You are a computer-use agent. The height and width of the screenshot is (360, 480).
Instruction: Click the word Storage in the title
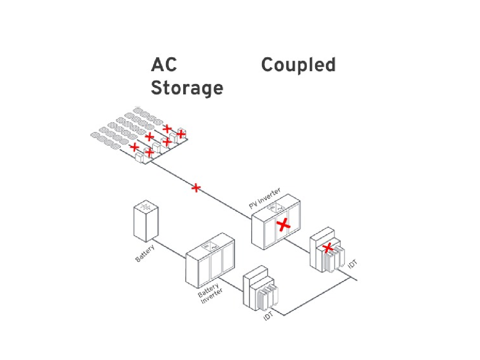tap(187, 88)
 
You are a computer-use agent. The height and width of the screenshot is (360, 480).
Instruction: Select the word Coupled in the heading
tap(298, 65)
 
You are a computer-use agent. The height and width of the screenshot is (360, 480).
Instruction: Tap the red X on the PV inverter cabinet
tap(283, 226)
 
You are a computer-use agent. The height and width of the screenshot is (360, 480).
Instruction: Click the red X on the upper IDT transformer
tap(327, 248)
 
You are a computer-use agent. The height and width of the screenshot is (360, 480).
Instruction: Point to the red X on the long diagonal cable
tap(196, 188)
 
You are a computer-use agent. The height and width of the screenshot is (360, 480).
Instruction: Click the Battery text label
tap(145, 253)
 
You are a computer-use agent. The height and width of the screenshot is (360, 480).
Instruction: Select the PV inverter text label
tap(265, 198)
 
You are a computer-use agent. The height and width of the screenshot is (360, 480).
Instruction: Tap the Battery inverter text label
tap(210, 293)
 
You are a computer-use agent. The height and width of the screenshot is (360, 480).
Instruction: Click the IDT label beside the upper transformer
tap(352, 264)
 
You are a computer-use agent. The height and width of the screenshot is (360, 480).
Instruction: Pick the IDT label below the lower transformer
tap(268, 316)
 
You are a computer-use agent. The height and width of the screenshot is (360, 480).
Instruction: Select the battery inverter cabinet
tap(210, 260)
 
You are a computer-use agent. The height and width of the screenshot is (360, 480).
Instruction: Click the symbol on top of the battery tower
tap(146, 206)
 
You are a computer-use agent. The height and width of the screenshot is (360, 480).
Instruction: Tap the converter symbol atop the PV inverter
tap(276, 208)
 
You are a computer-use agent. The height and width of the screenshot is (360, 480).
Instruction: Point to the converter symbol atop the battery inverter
tap(210, 246)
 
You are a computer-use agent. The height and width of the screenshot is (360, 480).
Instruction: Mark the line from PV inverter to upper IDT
tap(297, 246)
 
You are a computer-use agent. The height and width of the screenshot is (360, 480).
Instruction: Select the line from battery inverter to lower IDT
tap(231, 284)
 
